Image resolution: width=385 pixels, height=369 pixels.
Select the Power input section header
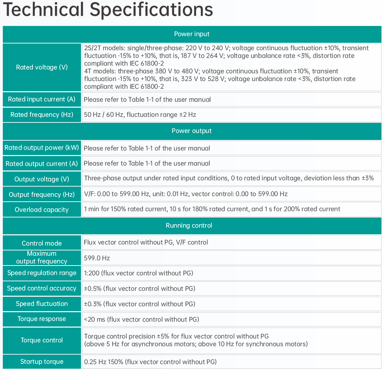[192, 34]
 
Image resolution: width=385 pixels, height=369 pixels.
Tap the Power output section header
[192, 131]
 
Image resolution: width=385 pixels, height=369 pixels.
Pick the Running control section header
[189, 226]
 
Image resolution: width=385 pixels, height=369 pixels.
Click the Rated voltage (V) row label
[42, 67]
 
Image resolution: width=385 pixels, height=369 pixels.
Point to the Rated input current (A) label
[42, 99]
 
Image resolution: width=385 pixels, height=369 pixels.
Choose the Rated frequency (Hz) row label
[42, 115]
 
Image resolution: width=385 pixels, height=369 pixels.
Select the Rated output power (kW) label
[42, 148]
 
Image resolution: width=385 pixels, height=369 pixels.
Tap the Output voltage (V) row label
[42, 179]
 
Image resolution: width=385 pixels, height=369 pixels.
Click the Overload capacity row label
[42, 210]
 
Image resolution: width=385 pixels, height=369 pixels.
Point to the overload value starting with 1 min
[212, 209]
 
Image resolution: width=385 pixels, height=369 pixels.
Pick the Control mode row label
[42, 243]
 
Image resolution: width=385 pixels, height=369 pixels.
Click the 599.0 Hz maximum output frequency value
[97, 258]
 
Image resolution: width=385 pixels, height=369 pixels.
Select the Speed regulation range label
[42, 273]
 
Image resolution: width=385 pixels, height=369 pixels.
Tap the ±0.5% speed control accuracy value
[140, 288]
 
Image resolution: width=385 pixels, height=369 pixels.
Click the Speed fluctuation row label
[42, 304]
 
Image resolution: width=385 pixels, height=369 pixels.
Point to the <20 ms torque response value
[141, 319]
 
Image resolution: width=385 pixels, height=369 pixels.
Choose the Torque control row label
[42, 340]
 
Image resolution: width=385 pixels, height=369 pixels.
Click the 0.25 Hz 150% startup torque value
[150, 362]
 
